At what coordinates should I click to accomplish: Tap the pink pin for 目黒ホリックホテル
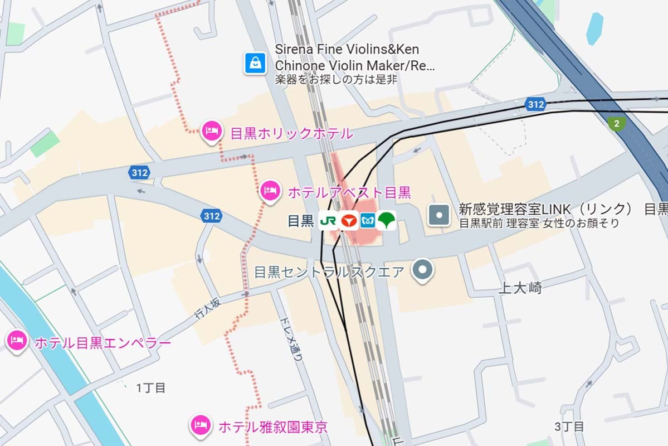[x=211, y=132]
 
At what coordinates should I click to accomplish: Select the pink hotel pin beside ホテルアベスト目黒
[x=270, y=191]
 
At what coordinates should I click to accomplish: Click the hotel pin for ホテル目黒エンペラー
[x=17, y=341]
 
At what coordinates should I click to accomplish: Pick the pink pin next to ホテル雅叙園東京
[x=199, y=425]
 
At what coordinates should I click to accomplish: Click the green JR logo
[x=328, y=221]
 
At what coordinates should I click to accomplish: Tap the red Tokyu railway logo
[x=349, y=221]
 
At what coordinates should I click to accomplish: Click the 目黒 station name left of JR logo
[x=301, y=221]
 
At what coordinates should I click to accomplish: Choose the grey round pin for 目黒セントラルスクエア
[x=422, y=271]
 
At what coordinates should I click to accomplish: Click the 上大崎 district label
[x=519, y=288]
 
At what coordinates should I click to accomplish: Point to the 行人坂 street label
[x=207, y=308]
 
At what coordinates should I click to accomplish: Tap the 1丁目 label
[x=151, y=388]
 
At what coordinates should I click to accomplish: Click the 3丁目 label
[x=569, y=427]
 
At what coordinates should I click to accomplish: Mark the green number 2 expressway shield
[x=616, y=123]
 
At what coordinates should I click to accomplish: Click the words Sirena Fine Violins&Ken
[x=347, y=50]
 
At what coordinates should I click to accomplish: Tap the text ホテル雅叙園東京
[x=272, y=428]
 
